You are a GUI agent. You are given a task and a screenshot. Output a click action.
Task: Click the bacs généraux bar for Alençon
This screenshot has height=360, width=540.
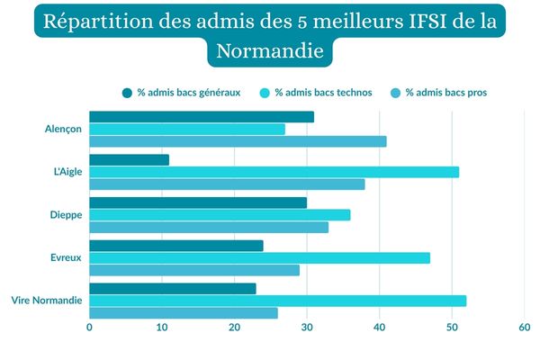point(202,117)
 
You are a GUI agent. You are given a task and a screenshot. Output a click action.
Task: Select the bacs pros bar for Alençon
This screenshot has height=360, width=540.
point(238,141)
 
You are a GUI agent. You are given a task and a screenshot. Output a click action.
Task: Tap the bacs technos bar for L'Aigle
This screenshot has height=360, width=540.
point(274,172)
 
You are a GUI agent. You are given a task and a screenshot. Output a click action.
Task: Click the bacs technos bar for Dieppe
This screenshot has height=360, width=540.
point(220,215)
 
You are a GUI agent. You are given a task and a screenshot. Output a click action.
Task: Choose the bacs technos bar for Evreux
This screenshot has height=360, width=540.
point(259,258)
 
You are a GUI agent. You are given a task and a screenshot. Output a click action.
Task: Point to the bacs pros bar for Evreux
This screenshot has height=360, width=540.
point(194,270)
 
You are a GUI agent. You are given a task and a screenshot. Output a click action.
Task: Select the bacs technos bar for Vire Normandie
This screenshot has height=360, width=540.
point(277,301)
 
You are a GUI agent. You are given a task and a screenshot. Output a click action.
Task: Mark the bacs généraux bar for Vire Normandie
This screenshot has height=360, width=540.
point(173,289)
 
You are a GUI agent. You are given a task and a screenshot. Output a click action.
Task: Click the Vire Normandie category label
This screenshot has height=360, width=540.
point(46,301)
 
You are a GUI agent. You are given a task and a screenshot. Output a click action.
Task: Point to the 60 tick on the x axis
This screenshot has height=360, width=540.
point(524,328)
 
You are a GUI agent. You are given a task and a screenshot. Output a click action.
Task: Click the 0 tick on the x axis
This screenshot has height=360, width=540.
point(89,328)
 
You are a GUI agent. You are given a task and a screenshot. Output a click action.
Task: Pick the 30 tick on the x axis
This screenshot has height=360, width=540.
point(307,328)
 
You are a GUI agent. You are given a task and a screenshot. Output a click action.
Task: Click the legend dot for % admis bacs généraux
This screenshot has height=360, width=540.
point(127,93)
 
